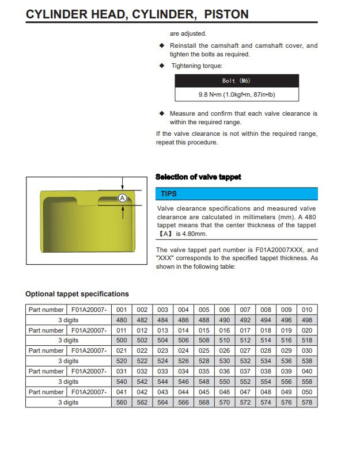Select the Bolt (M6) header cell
[x=236, y=81]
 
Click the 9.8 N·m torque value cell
[x=236, y=94]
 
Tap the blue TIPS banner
[x=236, y=194]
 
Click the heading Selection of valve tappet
[x=198, y=177]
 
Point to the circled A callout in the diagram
[x=122, y=198]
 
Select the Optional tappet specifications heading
[x=77, y=294]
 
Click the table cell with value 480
[x=122, y=320]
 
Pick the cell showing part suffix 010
[x=307, y=310]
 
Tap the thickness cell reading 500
[x=122, y=341]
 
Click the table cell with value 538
[x=307, y=361]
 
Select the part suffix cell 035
[x=204, y=371]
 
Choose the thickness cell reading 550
[x=225, y=382]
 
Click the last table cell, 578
[x=307, y=402]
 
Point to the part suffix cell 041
[x=122, y=392]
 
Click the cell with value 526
[x=183, y=361]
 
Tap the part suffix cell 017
[x=245, y=330]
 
